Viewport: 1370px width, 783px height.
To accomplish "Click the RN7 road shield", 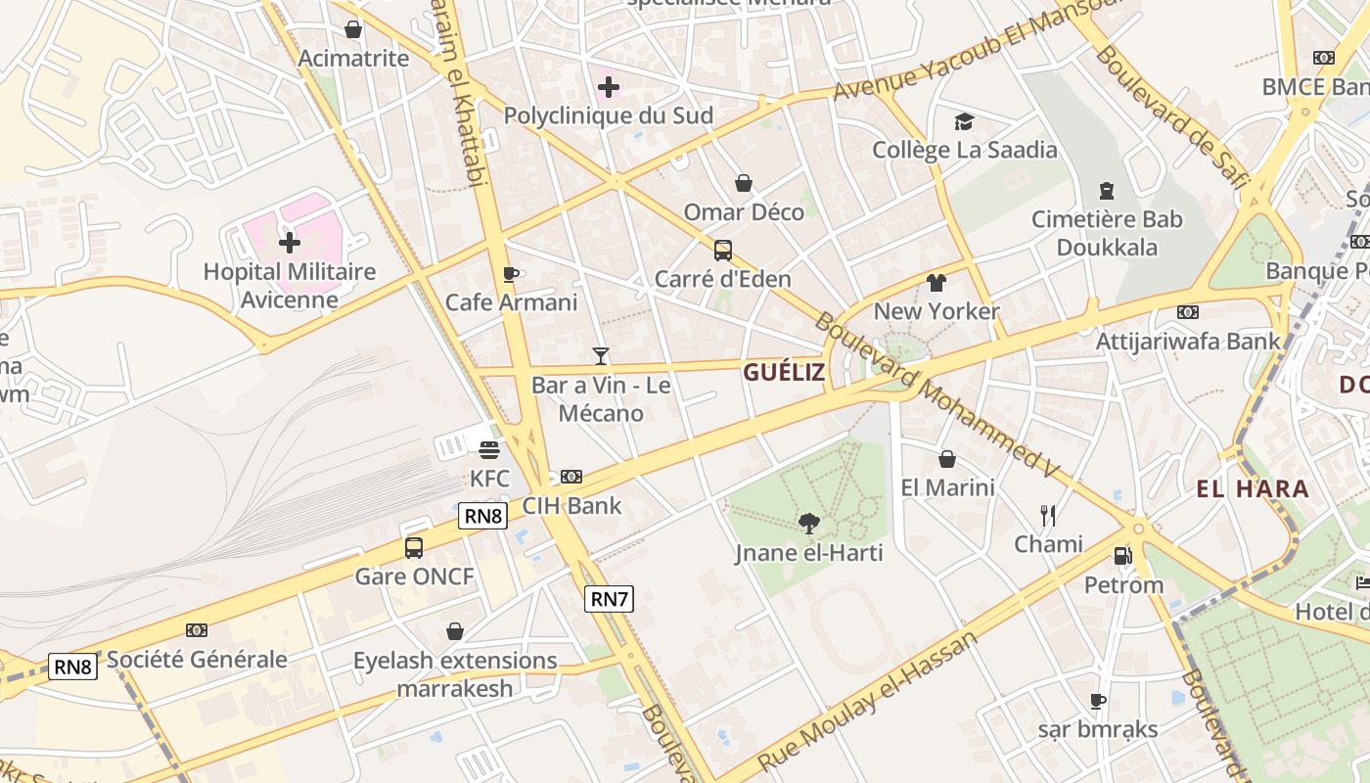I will (609, 599).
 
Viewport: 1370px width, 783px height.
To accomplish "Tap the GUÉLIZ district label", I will (783, 372).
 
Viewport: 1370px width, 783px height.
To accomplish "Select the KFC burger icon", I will (489, 450).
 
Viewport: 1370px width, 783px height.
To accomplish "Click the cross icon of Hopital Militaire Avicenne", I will (290, 242).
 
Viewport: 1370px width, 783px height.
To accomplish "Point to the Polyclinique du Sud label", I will (608, 115).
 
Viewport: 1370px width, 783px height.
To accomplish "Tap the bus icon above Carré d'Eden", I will (722, 251).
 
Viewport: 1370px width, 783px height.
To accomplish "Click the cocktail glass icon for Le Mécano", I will (601, 356).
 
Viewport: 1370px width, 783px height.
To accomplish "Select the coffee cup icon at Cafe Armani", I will (510, 274).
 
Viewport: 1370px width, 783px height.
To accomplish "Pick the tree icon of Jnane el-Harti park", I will (808, 525).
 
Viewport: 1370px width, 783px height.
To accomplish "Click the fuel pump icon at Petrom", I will (1122, 556).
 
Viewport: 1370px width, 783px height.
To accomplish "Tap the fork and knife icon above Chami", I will (1048, 515).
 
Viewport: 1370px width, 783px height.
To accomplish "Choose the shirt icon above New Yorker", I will (936, 283).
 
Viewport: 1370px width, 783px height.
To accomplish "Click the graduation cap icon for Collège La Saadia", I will (965, 121).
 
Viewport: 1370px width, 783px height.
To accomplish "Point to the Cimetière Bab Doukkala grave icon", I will (1107, 190).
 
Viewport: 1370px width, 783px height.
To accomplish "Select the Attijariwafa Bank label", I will (1188, 341).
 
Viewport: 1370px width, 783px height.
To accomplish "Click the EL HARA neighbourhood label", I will (1253, 488).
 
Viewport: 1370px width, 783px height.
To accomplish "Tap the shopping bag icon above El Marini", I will (947, 459).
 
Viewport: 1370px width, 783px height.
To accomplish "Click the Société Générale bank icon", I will (197, 630).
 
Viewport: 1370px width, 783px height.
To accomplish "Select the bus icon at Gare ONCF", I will (414, 548).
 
